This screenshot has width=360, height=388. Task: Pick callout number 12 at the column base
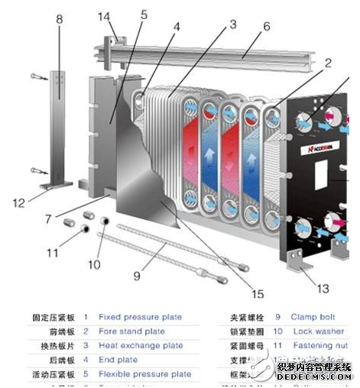[21, 202]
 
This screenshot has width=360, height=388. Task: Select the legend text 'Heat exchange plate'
[141, 345]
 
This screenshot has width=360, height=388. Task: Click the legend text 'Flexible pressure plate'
[145, 374]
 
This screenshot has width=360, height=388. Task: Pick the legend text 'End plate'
[118, 360]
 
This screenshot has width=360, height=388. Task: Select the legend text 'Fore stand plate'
[131, 331]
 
